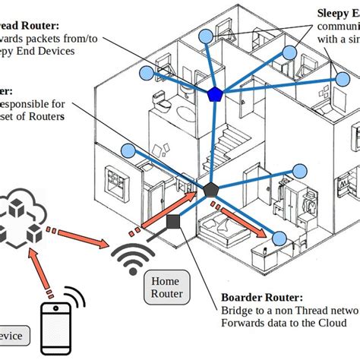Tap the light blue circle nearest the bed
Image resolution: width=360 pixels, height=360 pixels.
(x=279, y=239)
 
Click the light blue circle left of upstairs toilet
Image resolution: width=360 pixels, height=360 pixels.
(x=147, y=74)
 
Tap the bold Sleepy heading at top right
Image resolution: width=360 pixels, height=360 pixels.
(x=334, y=13)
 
